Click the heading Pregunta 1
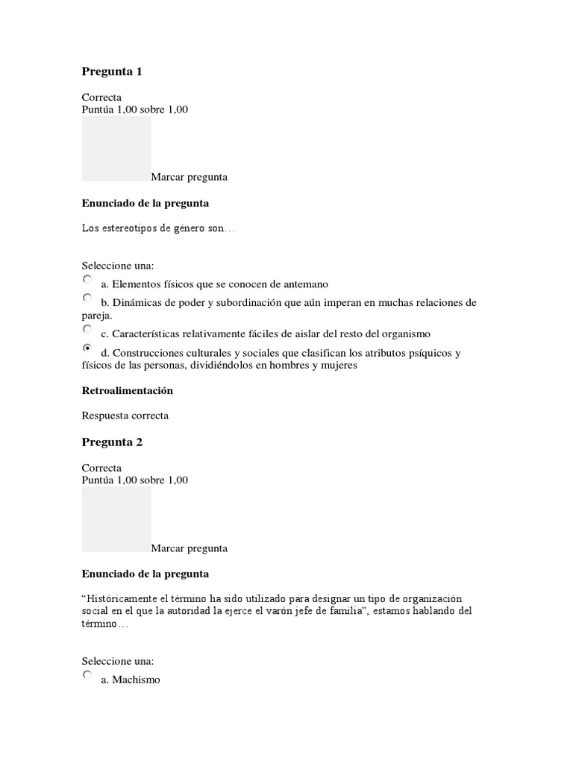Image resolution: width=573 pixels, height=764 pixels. (111, 72)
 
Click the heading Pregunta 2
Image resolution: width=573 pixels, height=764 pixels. (111, 442)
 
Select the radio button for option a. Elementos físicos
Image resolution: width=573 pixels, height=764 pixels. (87, 280)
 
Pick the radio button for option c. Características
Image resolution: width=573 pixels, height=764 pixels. (87, 329)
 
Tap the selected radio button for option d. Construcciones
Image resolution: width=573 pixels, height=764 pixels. (87, 348)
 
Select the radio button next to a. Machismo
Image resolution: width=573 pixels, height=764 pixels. (87, 676)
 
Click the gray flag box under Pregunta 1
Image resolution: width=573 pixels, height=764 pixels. (116, 148)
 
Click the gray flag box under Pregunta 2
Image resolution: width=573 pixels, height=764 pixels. (116, 519)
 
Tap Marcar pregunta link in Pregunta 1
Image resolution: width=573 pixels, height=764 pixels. (189, 178)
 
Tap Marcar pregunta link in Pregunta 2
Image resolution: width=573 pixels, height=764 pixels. (189, 548)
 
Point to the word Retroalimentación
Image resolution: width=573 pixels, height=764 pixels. (127, 390)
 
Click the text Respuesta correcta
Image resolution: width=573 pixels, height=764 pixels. (125, 416)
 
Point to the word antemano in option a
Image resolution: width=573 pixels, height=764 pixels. (303, 284)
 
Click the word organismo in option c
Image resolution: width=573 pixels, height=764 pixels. (402, 334)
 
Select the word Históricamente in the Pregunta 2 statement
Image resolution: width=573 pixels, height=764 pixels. (122, 600)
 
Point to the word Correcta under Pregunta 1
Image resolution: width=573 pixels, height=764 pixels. (101, 98)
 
